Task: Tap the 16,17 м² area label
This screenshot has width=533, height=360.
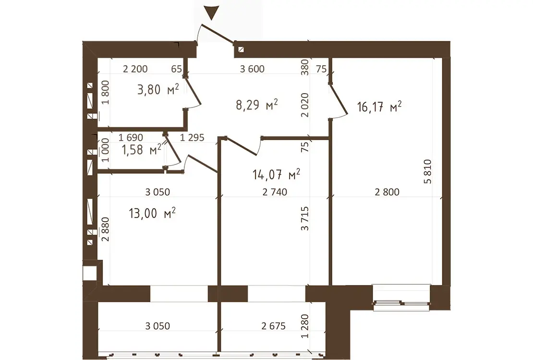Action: click(379, 107)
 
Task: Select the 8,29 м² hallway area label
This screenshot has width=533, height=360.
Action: click(256, 104)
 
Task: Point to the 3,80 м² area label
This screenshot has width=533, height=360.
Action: click(158, 89)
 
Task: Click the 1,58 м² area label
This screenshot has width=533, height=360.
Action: click(141, 149)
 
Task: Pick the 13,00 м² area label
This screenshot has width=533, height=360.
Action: click(152, 213)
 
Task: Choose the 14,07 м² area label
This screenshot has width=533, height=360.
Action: click(277, 174)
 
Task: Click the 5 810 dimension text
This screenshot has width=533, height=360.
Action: click(428, 172)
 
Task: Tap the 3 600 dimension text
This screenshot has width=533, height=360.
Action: click(252, 69)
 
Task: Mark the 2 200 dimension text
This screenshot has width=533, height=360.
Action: click(135, 69)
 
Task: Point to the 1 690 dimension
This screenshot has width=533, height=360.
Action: click(131, 138)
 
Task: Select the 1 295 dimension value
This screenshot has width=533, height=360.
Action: click(192, 138)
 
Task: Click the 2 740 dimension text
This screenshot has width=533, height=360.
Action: click(275, 192)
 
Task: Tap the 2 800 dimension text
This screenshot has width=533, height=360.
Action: click(387, 192)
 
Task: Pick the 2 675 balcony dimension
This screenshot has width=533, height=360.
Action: click(274, 326)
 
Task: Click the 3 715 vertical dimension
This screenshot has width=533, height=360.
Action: click(305, 218)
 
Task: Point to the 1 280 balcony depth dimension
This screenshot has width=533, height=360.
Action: click(305, 326)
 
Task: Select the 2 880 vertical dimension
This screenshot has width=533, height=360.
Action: click(106, 229)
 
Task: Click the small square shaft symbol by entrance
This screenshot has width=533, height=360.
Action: click(241, 49)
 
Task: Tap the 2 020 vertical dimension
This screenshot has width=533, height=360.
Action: click(305, 105)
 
